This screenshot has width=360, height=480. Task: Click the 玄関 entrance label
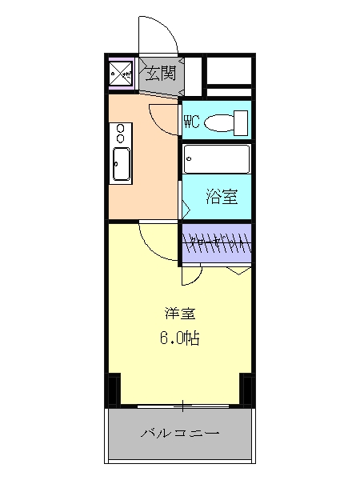tap(160, 74)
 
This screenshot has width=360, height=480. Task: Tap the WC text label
tap(191, 122)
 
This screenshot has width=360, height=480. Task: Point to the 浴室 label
tap(219, 194)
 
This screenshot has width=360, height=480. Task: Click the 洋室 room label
tap(178, 313)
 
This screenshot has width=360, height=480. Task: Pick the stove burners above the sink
tap(122, 131)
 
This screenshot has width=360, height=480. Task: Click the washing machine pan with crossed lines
tap(123, 74)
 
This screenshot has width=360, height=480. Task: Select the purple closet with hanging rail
tap(217, 243)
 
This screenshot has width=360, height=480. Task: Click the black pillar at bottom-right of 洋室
tap(246, 390)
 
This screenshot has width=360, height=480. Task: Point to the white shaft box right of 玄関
tap(229, 74)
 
